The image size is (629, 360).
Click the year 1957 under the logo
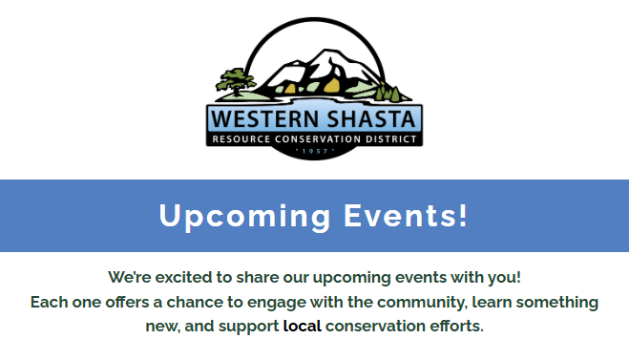[x=314, y=151]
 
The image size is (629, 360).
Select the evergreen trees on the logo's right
[x=387, y=93]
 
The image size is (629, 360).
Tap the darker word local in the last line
[x=303, y=327]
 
